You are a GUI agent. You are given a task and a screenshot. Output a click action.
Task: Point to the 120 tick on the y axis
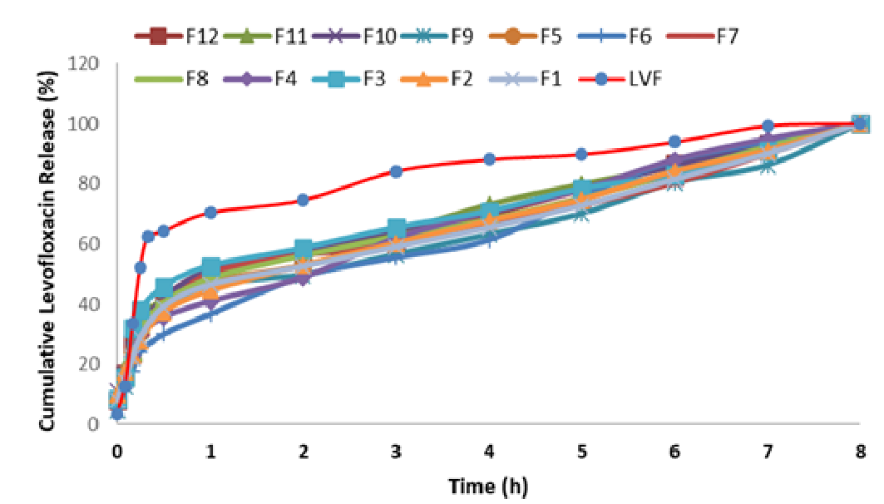pyautogui.click(x=87, y=63)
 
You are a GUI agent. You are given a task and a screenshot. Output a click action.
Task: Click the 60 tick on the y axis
pyautogui.click(x=91, y=244)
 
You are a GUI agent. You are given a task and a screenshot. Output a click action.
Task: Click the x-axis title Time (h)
pyautogui.click(x=488, y=485)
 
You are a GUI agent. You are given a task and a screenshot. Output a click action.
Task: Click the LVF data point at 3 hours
pyautogui.click(x=397, y=171)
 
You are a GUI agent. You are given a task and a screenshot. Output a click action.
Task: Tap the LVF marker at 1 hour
pyautogui.click(x=210, y=212)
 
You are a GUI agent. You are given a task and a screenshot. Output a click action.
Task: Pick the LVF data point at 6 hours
pyautogui.click(x=674, y=141)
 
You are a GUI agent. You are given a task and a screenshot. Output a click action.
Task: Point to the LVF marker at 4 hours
pyautogui.click(x=489, y=159)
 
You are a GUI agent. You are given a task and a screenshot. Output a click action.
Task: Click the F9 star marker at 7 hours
pyautogui.click(x=768, y=166)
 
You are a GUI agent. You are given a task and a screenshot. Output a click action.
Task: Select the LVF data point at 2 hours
pyautogui.click(x=304, y=200)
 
